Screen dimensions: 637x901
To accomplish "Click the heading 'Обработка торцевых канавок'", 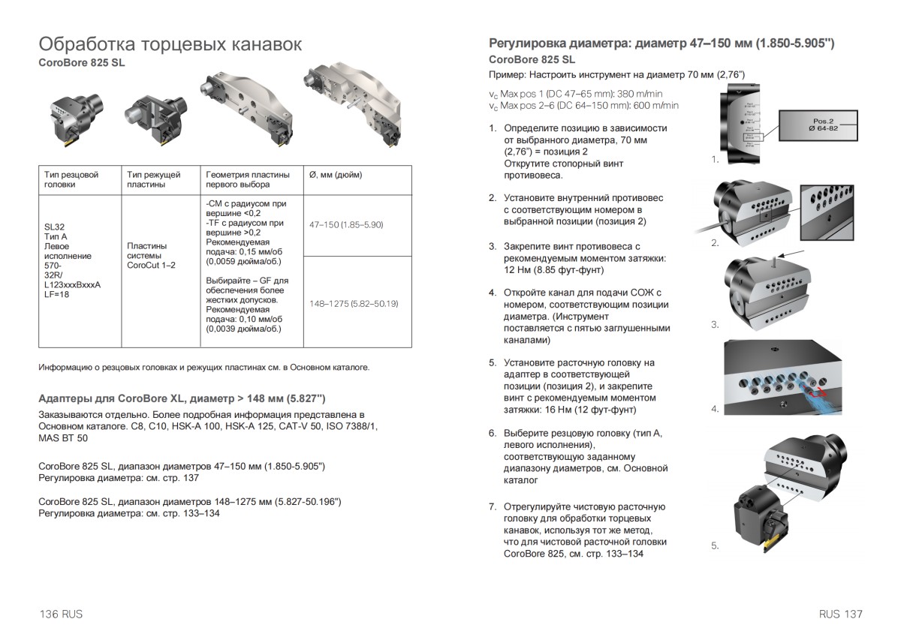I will tap(170, 44).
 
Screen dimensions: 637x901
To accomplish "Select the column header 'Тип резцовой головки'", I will tap(71, 179).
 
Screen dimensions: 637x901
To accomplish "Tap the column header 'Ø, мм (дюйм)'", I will tap(336, 175).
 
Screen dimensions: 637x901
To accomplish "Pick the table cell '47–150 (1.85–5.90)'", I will tap(346, 224).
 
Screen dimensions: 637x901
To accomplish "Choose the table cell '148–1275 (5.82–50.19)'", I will tap(354, 304).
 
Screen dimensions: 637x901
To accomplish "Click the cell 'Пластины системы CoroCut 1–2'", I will tap(147, 255).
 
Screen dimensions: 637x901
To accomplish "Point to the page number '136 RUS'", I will tap(61, 614).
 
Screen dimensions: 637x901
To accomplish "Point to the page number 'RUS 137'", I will tap(841, 614).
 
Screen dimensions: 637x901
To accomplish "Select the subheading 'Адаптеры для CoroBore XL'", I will tap(182, 398).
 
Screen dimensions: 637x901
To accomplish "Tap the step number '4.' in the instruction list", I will tap(493, 293).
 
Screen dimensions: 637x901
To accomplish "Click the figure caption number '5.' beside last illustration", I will tap(715, 546).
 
